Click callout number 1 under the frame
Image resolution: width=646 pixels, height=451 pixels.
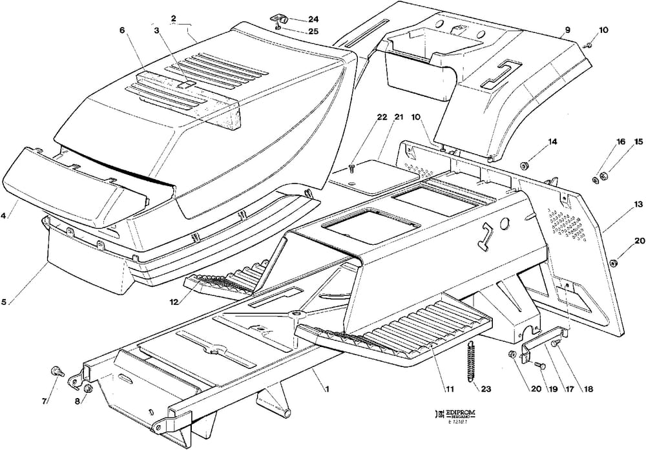tap(327, 389)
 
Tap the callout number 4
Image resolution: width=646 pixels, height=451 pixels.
tap(5, 216)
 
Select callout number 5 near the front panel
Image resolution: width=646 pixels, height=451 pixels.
tap(5, 300)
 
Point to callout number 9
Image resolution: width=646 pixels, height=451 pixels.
tap(567, 30)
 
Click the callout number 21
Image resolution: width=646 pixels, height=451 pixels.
tap(398, 117)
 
